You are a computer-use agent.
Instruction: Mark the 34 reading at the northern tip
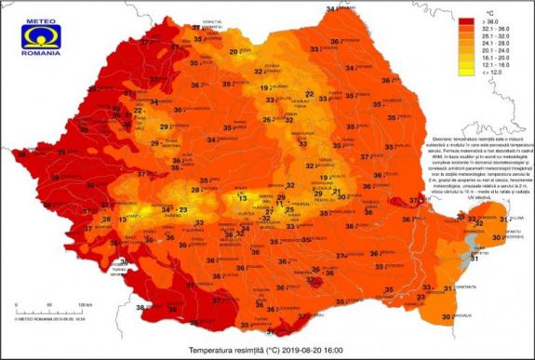coord(330,8)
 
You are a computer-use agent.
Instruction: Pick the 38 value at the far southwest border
coord(140,308)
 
